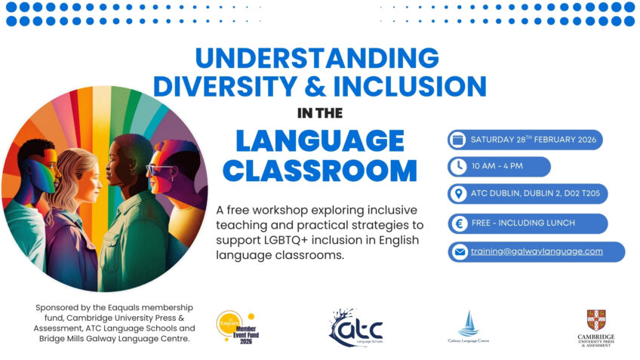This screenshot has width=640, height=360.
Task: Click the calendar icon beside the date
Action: [457, 140]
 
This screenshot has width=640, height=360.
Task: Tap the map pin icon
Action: [457, 195]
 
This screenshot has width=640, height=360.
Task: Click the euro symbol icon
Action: [457, 223]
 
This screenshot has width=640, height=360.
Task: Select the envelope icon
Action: [457, 251]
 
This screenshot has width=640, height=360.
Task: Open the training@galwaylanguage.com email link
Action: [537, 251]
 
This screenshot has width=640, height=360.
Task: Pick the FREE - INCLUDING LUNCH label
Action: [522, 223]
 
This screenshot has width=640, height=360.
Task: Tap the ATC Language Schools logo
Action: [355, 327]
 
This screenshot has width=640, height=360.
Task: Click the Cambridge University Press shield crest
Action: [595, 318]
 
